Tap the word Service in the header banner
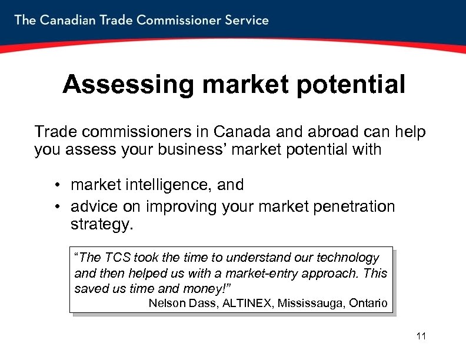coord(246,20)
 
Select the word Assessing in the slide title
coord(128,85)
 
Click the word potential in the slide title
coord(351,85)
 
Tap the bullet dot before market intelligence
coord(59,186)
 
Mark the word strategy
coord(102,225)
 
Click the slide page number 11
coord(421,336)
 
